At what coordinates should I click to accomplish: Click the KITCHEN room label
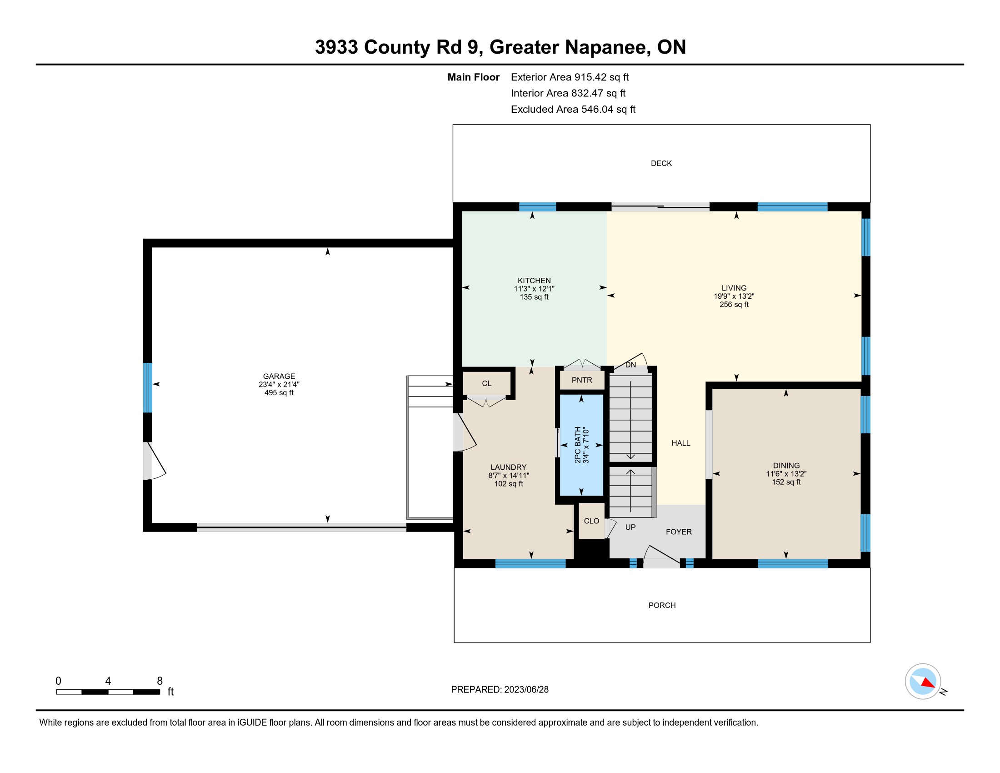pyautogui.click(x=534, y=281)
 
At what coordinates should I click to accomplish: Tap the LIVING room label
pyautogui.click(x=734, y=288)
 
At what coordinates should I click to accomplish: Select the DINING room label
pyautogui.click(x=786, y=465)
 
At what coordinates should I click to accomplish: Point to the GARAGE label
pyautogui.click(x=279, y=376)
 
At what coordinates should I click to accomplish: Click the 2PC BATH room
pyautogui.click(x=581, y=445)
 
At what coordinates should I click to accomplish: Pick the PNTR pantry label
pyautogui.click(x=582, y=380)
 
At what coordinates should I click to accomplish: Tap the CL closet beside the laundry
pyautogui.click(x=487, y=383)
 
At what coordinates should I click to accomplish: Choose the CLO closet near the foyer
pyautogui.click(x=591, y=521)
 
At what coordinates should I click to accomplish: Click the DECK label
pyautogui.click(x=661, y=164)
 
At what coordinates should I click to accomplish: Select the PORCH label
pyautogui.click(x=662, y=605)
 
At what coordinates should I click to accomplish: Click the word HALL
pyautogui.click(x=681, y=443)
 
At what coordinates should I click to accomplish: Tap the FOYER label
pyautogui.click(x=679, y=532)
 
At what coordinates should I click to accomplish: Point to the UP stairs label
pyautogui.click(x=630, y=527)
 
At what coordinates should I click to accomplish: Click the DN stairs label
pyautogui.click(x=630, y=365)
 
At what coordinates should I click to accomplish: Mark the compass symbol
pyautogui.click(x=923, y=682)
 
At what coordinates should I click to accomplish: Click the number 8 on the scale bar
pyautogui.click(x=160, y=681)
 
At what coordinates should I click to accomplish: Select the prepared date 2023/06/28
pyautogui.click(x=526, y=690)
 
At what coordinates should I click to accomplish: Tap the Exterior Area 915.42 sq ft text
pyautogui.click(x=570, y=77)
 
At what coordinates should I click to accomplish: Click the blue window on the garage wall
pyautogui.click(x=147, y=387)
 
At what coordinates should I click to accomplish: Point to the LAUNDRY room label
pyautogui.click(x=508, y=467)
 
